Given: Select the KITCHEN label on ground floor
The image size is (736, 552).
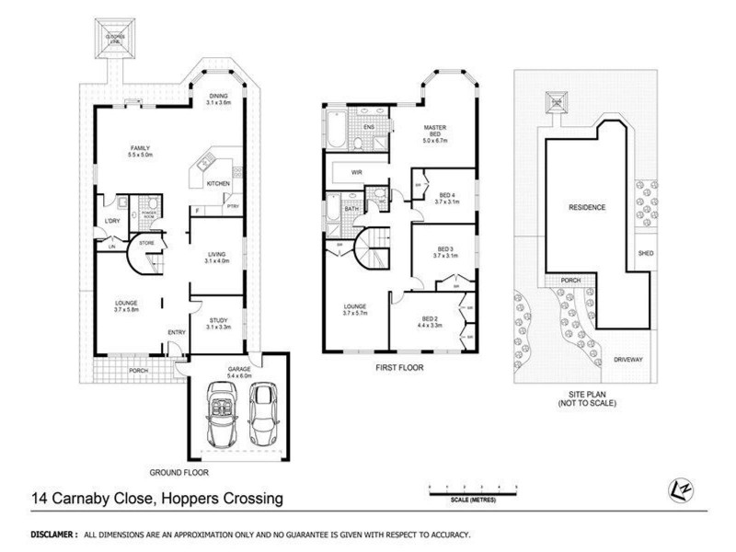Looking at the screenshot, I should (218, 184).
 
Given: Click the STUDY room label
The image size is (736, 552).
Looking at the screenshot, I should (217, 323).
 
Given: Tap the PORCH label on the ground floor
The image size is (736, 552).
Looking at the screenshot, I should (138, 371).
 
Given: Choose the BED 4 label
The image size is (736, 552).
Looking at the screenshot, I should (447, 199).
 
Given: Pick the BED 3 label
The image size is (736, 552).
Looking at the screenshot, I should (446, 253).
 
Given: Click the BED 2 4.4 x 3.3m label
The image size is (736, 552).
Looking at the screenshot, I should (430, 323).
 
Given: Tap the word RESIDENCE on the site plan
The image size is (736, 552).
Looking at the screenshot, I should (586, 208).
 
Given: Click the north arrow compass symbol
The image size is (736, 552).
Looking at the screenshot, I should (680, 491).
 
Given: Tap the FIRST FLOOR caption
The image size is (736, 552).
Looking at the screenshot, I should (397, 364).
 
